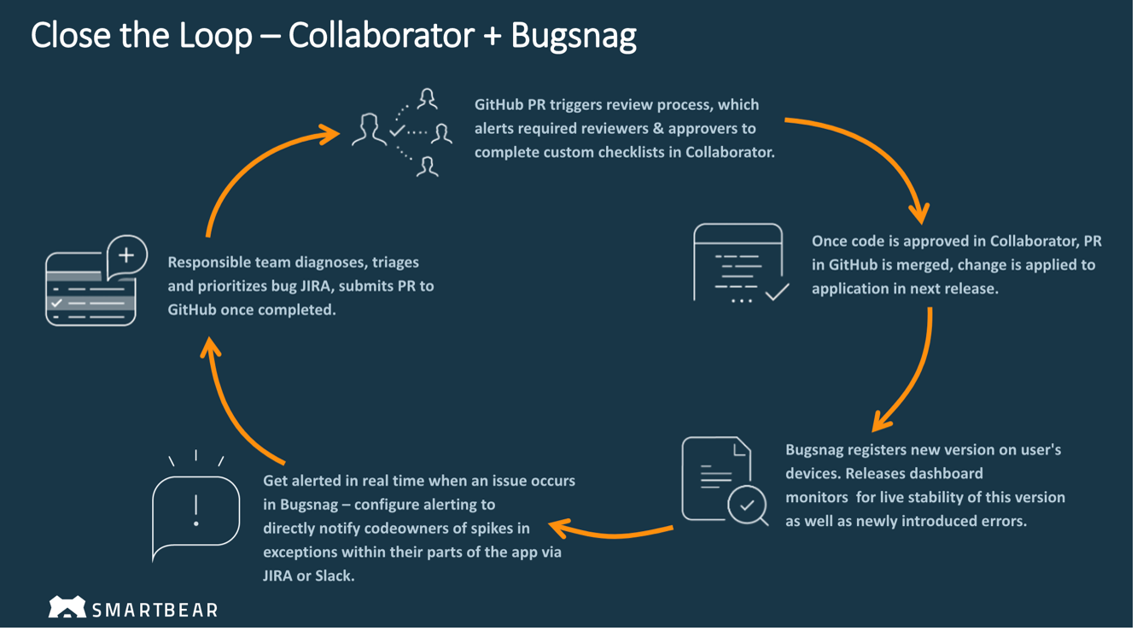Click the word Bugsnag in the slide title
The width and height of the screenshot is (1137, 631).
coord(574,37)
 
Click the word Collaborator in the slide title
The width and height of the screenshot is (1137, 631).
coord(382,35)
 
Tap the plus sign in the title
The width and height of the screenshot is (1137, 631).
coord(493,37)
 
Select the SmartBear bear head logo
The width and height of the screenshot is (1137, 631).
coord(67,606)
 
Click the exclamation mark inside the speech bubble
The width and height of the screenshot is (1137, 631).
coord(196,511)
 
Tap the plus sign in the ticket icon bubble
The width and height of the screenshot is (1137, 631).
coord(126,254)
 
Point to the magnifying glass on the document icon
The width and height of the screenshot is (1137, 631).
coord(749,505)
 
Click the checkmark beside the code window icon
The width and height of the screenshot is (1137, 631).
coord(777,292)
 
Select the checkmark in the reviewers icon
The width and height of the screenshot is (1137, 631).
coord(396,131)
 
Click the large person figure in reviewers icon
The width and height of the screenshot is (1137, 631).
coord(369,130)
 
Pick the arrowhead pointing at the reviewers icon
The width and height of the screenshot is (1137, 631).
coord(329,134)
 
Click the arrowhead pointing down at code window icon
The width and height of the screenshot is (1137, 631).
coord(919,213)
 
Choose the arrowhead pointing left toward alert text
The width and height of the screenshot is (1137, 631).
coord(560,528)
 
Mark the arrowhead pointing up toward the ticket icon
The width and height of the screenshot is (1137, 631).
coord(210,348)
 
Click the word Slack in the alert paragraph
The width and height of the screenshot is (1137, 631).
coord(334,575)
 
